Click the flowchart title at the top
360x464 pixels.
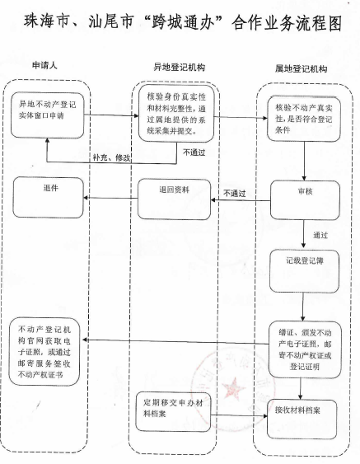click(x=183, y=22)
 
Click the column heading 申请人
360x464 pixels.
click(x=44, y=65)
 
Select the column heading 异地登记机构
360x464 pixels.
click(x=180, y=68)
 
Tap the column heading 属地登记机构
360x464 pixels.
click(x=301, y=68)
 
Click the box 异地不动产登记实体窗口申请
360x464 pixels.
click(x=47, y=115)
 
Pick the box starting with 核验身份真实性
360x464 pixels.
click(x=176, y=114)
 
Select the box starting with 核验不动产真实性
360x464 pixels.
click(x=304, y=119)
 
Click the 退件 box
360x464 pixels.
click(x=49, y=197)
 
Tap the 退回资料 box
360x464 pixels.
click(x=174, y=199)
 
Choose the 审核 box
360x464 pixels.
click(x=305, y=200)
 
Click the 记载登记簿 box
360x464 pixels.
click(x=304, y=271)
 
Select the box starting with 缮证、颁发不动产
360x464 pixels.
click(x=305, y=349)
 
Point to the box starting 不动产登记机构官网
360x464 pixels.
click(x=44, y=352)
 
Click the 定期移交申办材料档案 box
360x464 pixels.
click(x=173, y=411)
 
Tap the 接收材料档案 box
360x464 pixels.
click(x=302, y=419)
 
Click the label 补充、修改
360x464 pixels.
click(x=112, y=157)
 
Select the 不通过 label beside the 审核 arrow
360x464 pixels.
click(x=234, y=194)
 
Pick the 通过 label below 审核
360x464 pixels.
click(x=320, y=235)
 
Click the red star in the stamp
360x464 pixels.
click(x=233, y=387)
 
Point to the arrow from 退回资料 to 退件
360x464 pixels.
click(x=110, y=198)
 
